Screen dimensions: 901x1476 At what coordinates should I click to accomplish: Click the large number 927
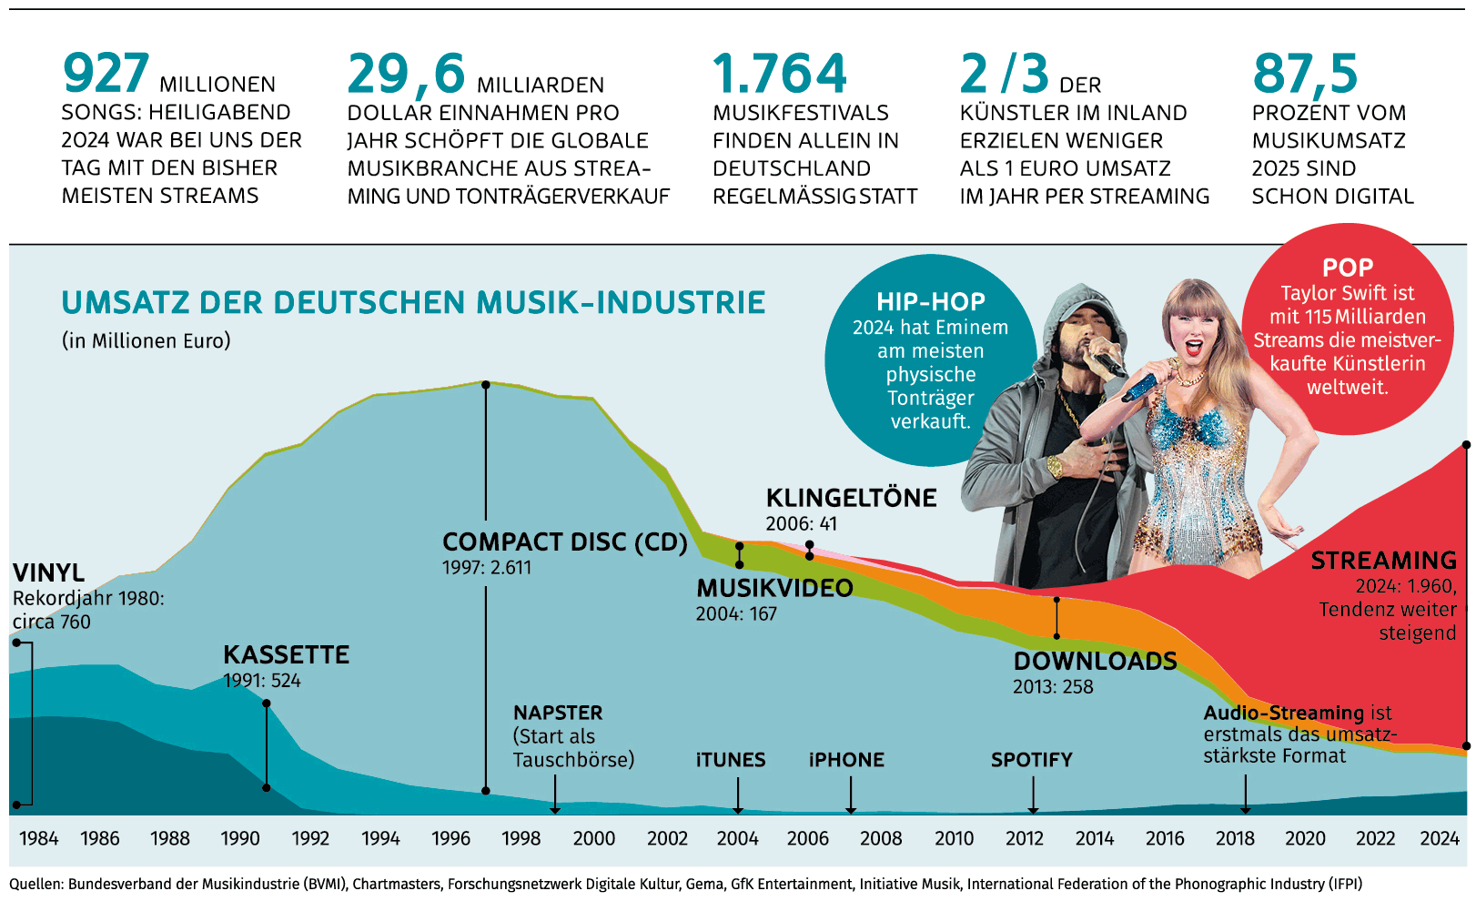tap(106, 75)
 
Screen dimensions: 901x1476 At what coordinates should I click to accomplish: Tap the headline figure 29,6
tap(406, 75)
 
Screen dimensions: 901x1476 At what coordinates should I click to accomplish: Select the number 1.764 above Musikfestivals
tap(780, 75)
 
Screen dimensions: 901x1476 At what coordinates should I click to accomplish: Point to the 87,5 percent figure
tap(1305, 75)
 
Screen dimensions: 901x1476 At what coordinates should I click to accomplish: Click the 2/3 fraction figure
tap(1005, 75)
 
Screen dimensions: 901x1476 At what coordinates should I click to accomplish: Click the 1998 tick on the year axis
tap(521, 838)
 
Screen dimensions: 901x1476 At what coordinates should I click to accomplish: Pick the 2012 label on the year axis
tap(1025, 838)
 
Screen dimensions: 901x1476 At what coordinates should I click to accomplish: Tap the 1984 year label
tap(39, 838)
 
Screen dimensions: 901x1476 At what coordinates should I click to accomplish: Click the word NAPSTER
tap(558, 713)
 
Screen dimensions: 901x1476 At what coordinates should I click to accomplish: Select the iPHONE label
tap(846, 760)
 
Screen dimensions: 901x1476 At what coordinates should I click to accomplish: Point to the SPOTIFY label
tap(1032, 760)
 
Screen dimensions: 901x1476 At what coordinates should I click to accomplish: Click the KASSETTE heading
tap(287, 655)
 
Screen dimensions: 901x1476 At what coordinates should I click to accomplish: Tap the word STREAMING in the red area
tap(1383, 561)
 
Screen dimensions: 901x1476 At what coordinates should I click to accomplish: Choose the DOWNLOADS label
tap(1096, 662)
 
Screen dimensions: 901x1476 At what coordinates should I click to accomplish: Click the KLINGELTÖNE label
tap(852, 499)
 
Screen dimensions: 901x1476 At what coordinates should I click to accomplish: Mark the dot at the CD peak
tap(486, 385)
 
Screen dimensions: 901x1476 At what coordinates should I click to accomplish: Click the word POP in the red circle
tap(1348, 268)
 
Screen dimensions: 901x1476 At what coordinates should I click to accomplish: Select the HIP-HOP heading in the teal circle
tap(931, 302)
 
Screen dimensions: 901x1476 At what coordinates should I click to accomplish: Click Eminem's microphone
tap(1105, 359)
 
